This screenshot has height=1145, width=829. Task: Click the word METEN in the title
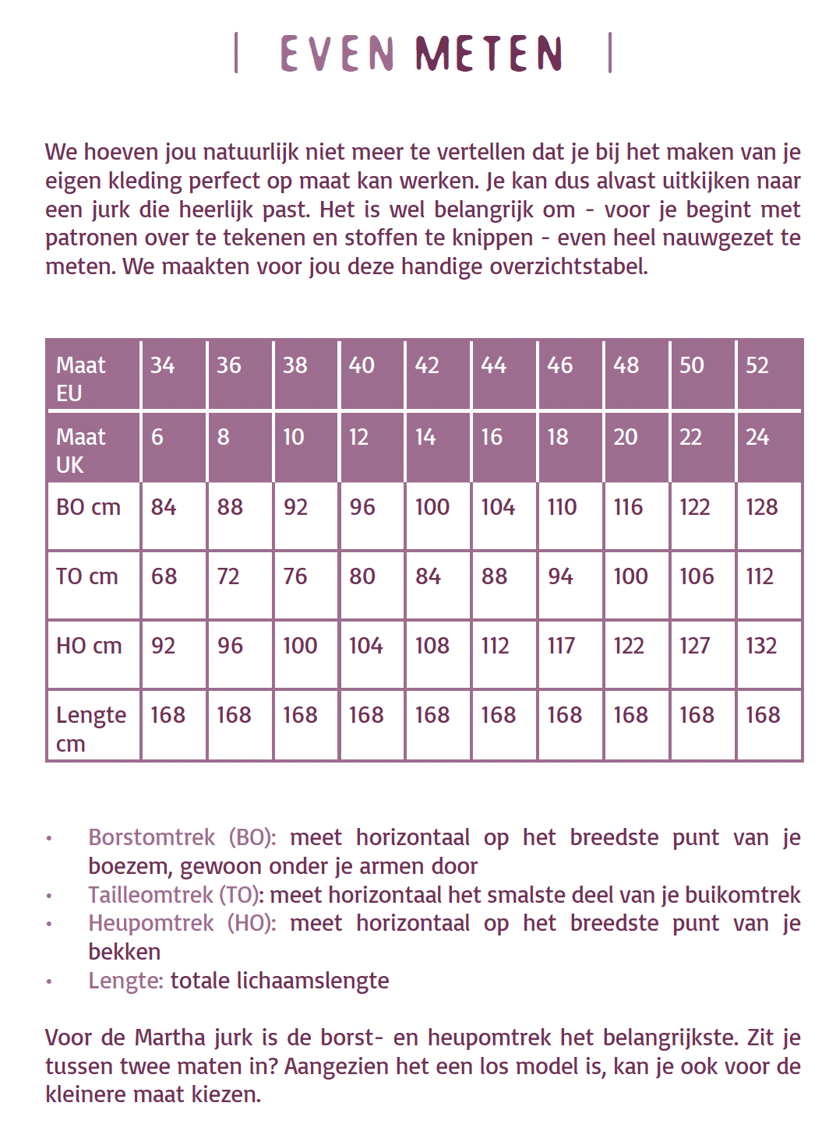pyautogui.click(x=489, y=54)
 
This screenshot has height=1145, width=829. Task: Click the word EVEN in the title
pyautogui.click(x=337, y=54)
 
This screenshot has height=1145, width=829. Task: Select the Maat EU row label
pyautogui.click(x=80, y=379)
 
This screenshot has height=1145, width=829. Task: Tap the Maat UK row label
pyautogui.click(x=80, y=450)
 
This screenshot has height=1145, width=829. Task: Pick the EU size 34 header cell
pyautogui.click(x=163, y=365)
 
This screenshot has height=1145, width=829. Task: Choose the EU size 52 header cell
pyautogui.click(x=757, y=365)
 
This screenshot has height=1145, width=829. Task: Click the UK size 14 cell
pyautogui.click(x=425, y=437)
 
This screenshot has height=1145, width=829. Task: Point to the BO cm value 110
pyautogui.click(x=562, y=507)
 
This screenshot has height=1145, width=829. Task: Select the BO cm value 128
pyautogui.click(x=761, y=507)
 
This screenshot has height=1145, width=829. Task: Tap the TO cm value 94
pyautogui.click(x=560, y=576)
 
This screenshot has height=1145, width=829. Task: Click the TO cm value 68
pyautogui.click(x=164, y=576)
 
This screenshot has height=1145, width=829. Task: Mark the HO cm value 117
pyautogui.click(x=561, y=646)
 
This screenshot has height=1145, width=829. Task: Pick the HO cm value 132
pyautogui.click(x=761, y=646)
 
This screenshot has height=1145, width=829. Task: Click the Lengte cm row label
pyautogui.click(x=90, y=728)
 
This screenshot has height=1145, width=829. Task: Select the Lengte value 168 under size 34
pyautogui.click(x=168, y=715)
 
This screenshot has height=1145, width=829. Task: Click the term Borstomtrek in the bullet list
pyautogui.click(x=151, y=837)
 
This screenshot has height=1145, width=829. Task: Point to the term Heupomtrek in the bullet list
pyautogui.click(x=150, y=923)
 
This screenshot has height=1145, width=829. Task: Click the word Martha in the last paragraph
pyautogui.click(x=170, y=1038)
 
